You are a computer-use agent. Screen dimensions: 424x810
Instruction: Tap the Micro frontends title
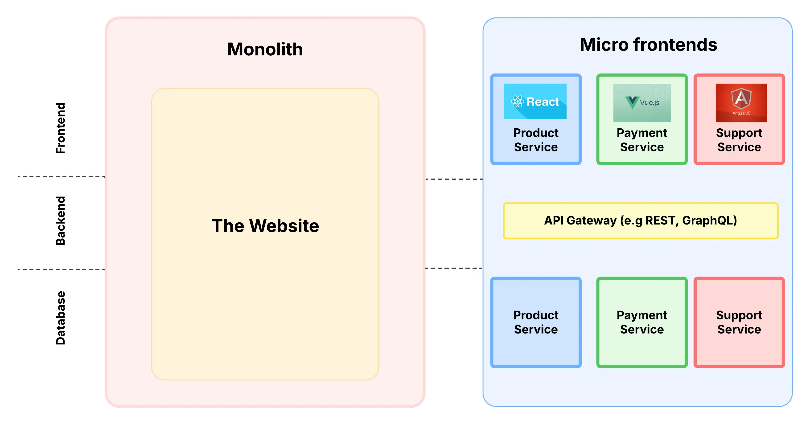(x=648, y=45)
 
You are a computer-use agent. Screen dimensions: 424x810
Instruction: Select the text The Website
(x=265, y=226)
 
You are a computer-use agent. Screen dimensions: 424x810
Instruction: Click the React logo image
(x=535, y=101)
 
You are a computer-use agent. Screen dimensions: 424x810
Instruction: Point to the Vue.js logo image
(x=641, y=103)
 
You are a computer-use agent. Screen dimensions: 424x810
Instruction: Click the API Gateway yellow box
(x=640, y=221)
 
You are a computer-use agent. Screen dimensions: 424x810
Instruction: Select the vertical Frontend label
(x=60, y=128)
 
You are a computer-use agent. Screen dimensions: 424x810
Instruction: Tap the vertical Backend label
(x=60, y=221)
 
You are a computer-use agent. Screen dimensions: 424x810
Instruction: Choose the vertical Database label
(x=60, y=318)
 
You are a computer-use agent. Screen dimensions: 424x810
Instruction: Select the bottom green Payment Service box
(x=641, y=322)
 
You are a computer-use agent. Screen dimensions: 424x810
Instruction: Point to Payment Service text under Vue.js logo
(x=641, y=140)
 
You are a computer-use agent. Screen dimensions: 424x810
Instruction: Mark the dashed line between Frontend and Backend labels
(x=61, y=177)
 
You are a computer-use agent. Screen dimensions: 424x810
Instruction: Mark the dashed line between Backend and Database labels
(x=61, y=269)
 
